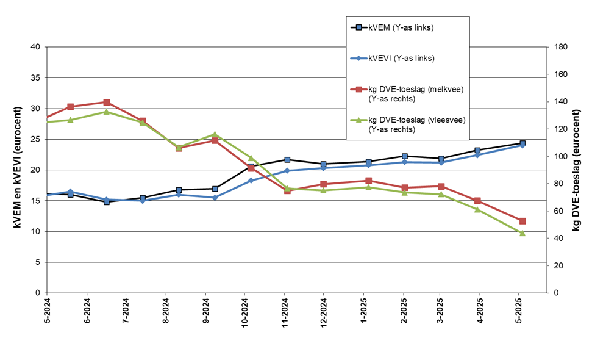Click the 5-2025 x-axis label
click(518, 312)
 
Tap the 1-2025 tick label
click(363, 312)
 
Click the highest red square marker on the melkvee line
click(107, 103)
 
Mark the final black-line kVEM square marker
click(522, 143)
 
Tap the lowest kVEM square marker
click(107, 201)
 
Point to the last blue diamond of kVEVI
click(522, 145)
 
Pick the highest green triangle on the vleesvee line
click(107, 112)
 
